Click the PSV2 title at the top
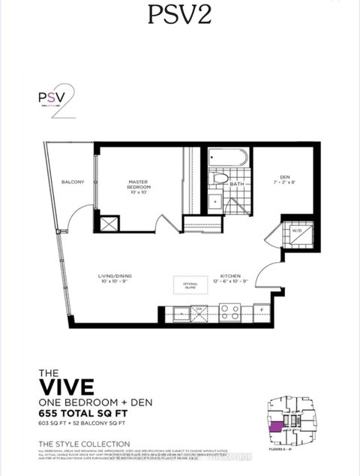(179, 17)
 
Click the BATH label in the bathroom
(235, 183)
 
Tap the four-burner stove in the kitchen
(229, 311)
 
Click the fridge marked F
(259, 309)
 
